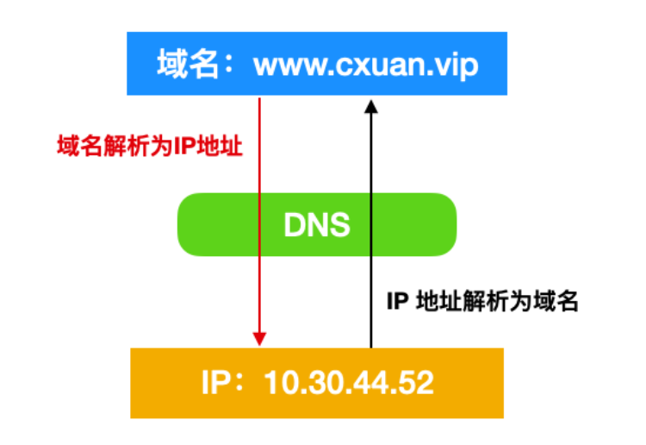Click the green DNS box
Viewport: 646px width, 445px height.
click(x=316, y=225)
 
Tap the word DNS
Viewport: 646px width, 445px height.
click(x=316, y=225)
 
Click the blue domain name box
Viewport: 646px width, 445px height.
click(x=316, y=63)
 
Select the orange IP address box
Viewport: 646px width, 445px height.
click(x=316, y=382)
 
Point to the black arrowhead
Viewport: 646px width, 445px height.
click(x=371, y=105)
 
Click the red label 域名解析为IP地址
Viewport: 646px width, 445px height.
click(x=145, y=147)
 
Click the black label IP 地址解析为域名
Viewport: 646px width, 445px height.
click(x=481, y=301)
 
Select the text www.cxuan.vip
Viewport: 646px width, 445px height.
click(x=365, y=64)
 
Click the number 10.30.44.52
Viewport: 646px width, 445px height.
click(x=349, y=382)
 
